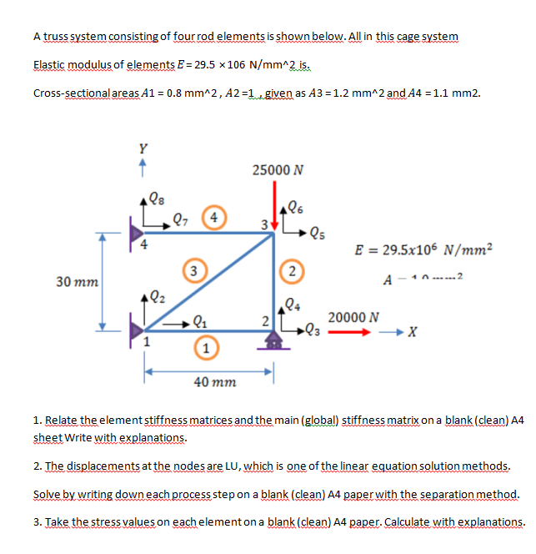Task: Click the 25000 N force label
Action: pos(277,170)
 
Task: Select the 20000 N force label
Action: pos(355,317)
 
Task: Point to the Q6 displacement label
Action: pos(293,208)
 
